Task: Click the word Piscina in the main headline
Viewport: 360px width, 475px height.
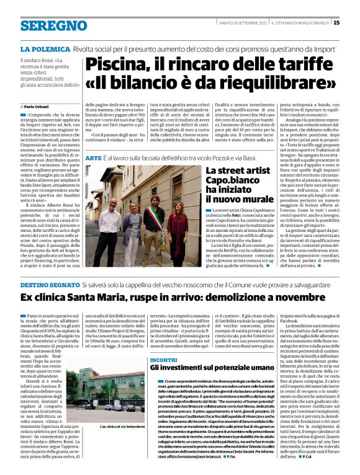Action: [114, 64]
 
